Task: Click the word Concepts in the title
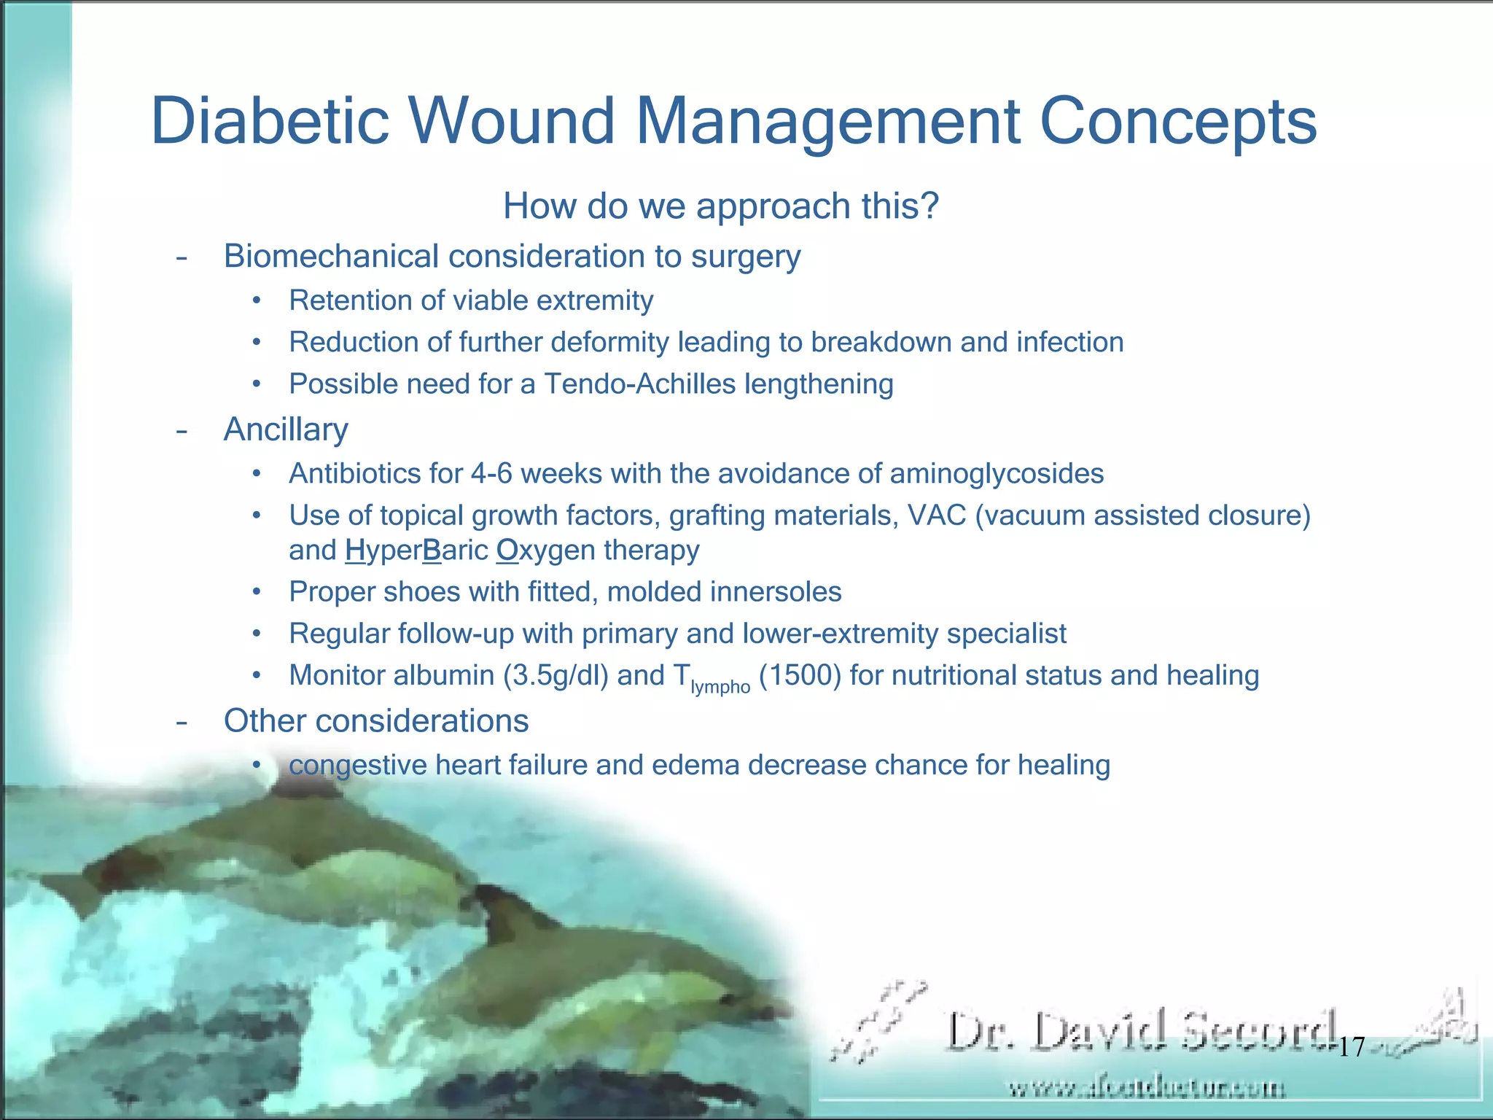1178,121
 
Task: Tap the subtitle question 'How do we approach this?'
720,206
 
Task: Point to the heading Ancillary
286,429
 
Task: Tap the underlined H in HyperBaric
355,551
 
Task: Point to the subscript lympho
720,687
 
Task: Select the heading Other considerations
375,720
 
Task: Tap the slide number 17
1352,1047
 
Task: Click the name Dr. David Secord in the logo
1141,1032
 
